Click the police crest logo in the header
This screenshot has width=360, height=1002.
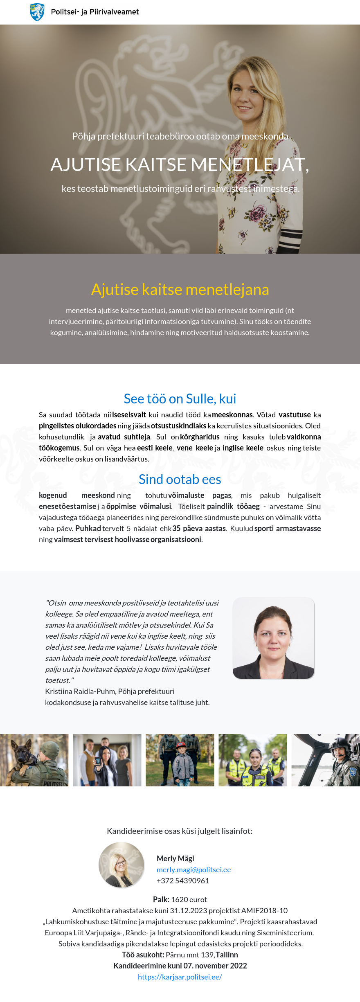[x=37, y=12]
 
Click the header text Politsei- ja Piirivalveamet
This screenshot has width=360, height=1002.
[x=94, y=12]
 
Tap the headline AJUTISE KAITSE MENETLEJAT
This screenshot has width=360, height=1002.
[x=179, y=164]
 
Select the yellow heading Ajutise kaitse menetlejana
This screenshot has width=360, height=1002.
[x=180, y=289]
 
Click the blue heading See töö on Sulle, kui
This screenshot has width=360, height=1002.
[x=180, y=399]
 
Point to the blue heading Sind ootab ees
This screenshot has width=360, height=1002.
[x=180, y=479]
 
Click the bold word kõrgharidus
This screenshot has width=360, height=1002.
[x=200, y=437]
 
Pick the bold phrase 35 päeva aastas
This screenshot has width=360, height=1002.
[x=199, y=528]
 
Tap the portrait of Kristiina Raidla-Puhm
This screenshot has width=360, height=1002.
[x=273, y=638]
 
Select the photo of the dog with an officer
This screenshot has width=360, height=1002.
[x=34, y=760]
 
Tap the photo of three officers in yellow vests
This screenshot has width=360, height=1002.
[x=253, y=760]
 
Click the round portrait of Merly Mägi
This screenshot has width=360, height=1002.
[x=122, y=865]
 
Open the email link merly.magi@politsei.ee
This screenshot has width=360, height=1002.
[x=193, y=869]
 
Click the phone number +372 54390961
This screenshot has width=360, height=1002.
[x=183, y=880]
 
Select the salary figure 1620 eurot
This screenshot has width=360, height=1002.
[x=189, y=899]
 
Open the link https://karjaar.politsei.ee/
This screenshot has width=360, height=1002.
[x=180, y=977]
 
